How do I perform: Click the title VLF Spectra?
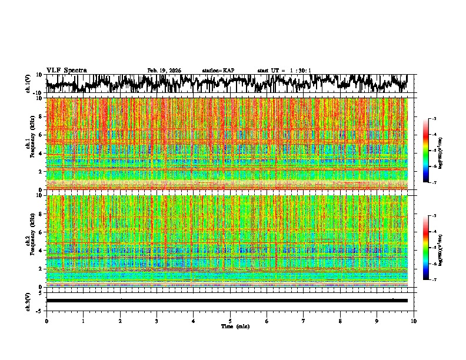pos(66,70)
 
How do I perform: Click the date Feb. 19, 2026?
pos(164,71)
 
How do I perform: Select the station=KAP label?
pos(218,71)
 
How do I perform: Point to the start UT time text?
pos(284,71)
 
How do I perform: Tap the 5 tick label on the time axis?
pos(230,321)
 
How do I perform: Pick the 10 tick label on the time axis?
pos(414,321)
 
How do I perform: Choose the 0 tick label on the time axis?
pos(46,321)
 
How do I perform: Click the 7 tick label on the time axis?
pos(304,321)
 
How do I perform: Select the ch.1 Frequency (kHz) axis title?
pos(31,144)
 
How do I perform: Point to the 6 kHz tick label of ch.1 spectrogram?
pos(42,135)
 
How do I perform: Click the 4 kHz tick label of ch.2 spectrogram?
pos(42,250)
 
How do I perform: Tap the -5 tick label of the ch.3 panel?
pos(40,310)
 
